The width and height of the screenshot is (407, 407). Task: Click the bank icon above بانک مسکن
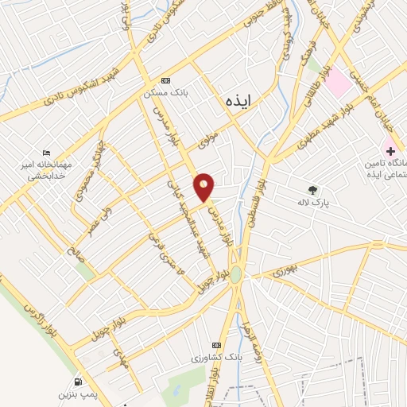click(165, 80)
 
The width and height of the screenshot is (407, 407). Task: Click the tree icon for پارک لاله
click(312, 189)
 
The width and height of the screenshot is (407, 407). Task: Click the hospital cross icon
click(390, 150)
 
